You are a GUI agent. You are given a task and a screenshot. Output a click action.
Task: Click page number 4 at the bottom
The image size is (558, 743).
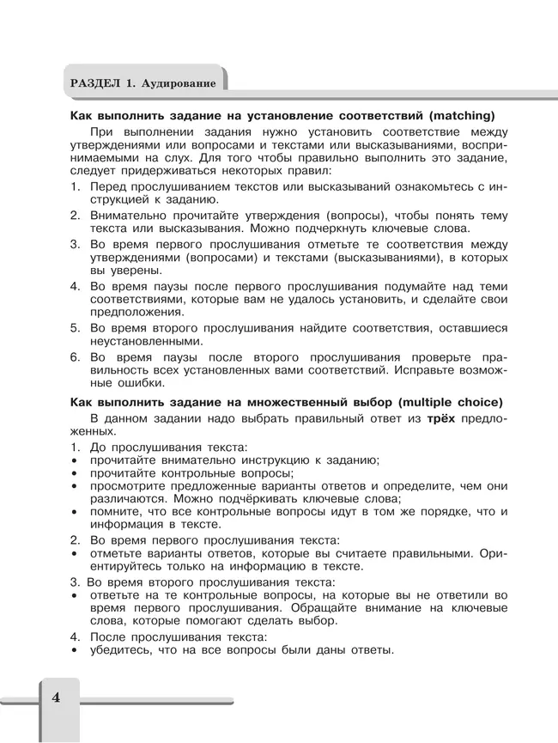coord(56,697)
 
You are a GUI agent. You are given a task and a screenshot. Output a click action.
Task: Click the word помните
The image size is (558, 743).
coord(113,511)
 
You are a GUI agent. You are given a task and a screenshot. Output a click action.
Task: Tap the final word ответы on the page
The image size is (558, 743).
coord(369,650)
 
